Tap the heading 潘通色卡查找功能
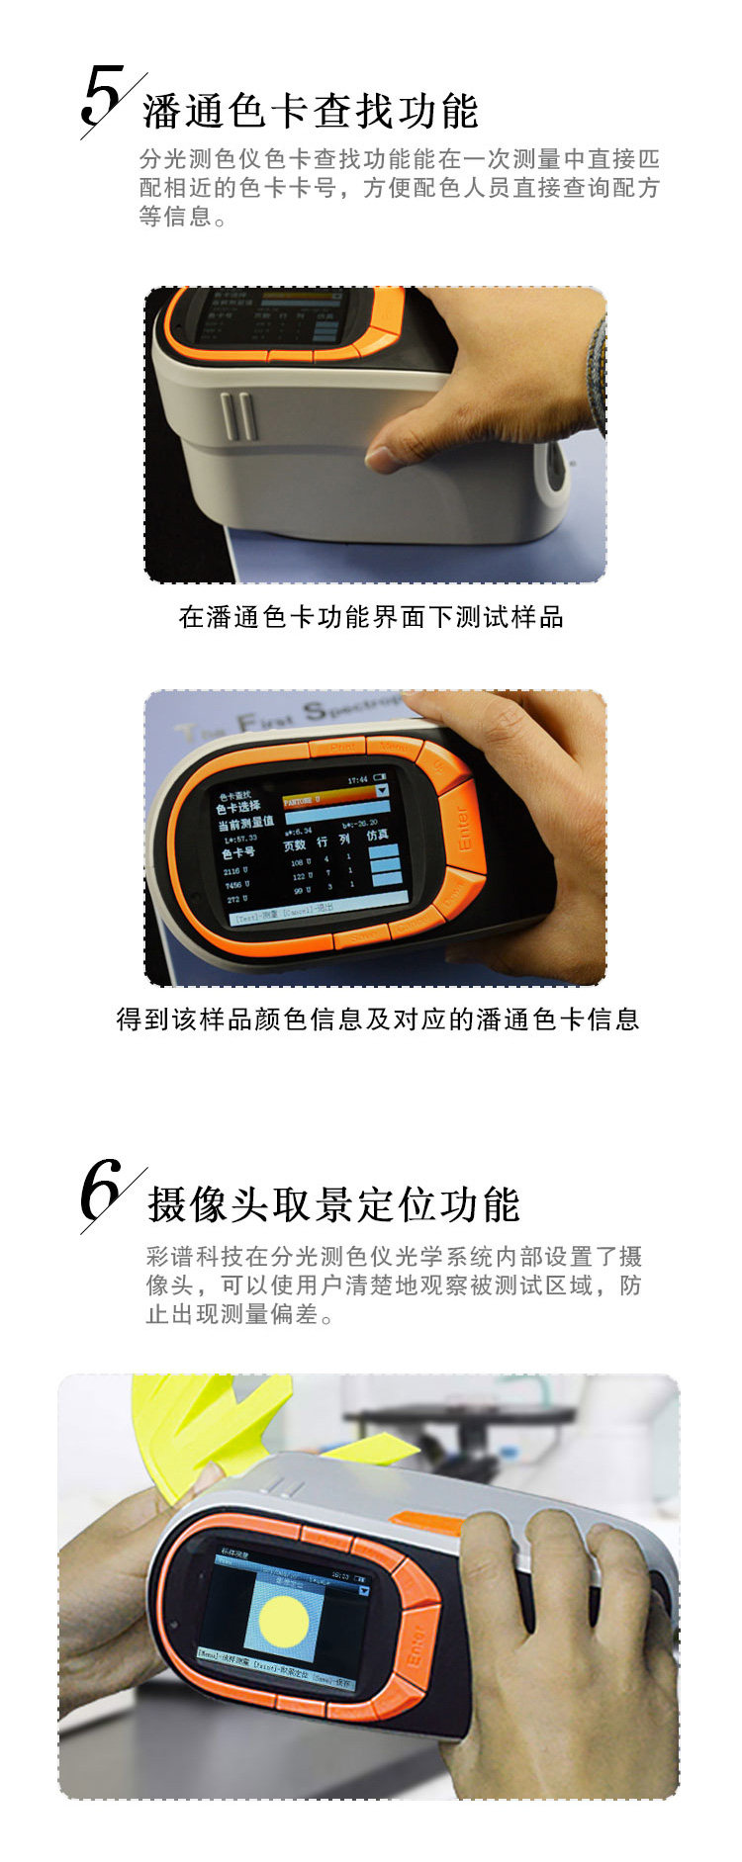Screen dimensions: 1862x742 click(311, 111)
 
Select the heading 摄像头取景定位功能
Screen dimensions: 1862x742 click(333, 1204)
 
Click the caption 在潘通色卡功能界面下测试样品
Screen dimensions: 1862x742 click(371, 617)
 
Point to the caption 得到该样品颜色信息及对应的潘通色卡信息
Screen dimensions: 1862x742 click(377, 1019)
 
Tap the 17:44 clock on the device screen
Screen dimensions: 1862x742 click(357, 779)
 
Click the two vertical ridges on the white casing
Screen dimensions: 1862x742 click(237, 415)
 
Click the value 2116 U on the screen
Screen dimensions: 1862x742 click(235, 870)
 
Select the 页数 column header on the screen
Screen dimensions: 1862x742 click(295, 844)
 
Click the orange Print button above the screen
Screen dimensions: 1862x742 click(340, 748)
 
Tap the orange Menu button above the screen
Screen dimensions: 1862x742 click(395, 748)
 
